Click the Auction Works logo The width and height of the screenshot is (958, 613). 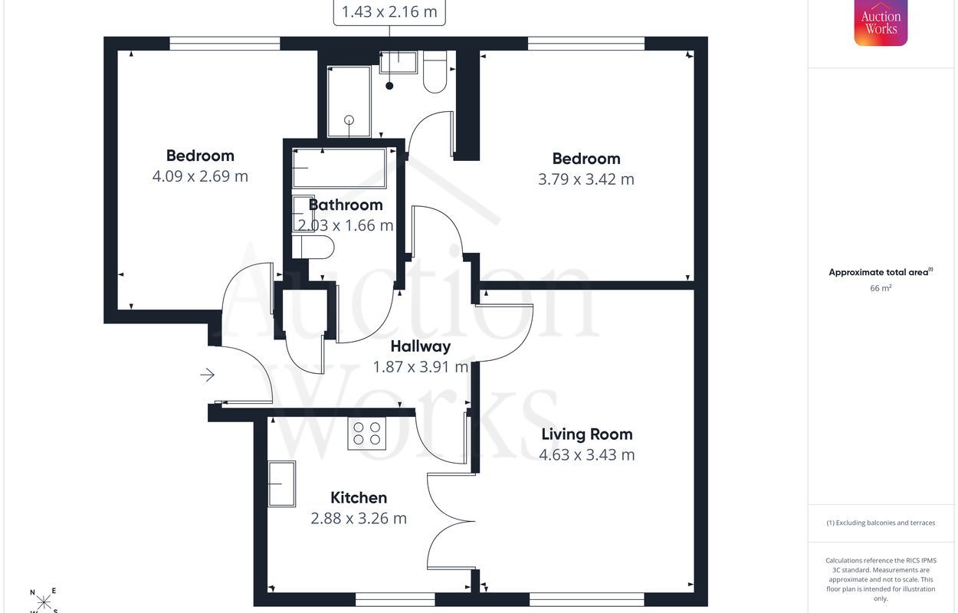[x=881, y=22]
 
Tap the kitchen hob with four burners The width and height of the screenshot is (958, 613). [x=367, y=434]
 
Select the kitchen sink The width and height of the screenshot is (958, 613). [x=282, y=484]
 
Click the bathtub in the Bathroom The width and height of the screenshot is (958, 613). [x=340, y=168]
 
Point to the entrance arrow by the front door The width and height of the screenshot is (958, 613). [x=208, y=375]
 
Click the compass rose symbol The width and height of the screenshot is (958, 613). [x=44, y=602]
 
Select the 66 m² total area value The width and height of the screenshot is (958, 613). [x=881, y=288]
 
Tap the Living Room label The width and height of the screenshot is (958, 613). [x=587, y=434]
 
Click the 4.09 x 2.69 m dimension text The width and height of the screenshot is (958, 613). [x=200, y=176]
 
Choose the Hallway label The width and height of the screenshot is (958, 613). [x=421, y=346]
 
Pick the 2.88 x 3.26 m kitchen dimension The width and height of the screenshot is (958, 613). [x=359, y=519]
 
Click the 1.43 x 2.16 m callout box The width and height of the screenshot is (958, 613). [x=389, y=12]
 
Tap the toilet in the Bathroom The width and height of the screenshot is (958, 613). [x=313, y=248]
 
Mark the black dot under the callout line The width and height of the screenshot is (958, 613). [x=389, y=86]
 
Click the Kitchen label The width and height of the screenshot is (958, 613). [x=359, y=497]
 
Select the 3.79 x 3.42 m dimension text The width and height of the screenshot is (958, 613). [x=586, y=179]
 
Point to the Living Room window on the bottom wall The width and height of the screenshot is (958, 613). [x=587, y=599]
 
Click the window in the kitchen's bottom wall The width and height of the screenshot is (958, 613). [x=395, y=599]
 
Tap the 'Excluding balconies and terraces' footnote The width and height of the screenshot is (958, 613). [x=881, y=523]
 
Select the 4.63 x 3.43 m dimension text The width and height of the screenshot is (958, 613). [x=587, y=455]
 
